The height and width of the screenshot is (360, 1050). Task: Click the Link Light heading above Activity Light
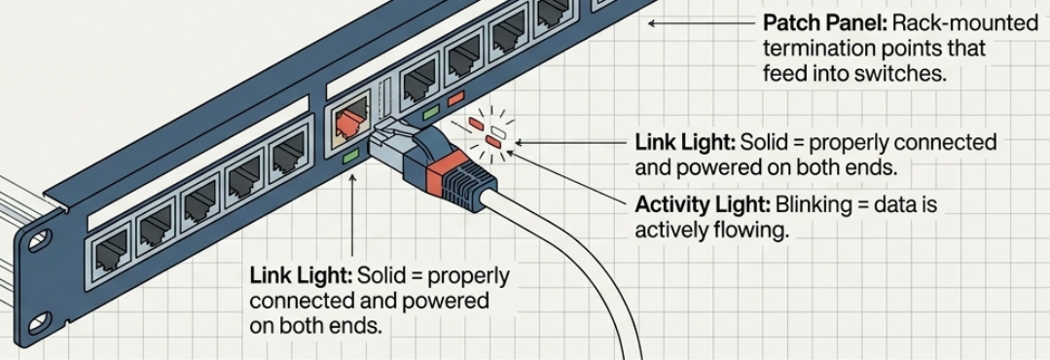pos(685,142)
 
